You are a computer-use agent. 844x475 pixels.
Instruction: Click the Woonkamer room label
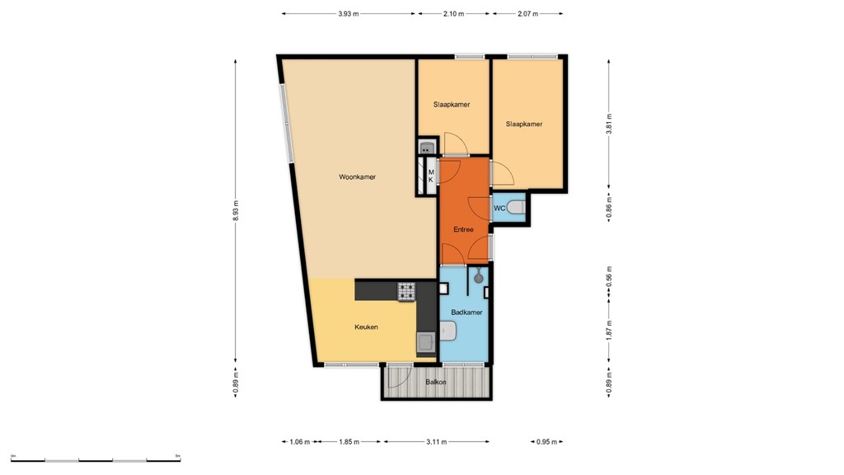tap(357, 176)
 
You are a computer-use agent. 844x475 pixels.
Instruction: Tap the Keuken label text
tap(366, 327)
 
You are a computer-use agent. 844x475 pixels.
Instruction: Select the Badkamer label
tap(467, 313)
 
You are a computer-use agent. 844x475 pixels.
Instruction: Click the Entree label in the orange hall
tap(463, 229)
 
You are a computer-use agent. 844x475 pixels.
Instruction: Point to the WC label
tap(499, 209)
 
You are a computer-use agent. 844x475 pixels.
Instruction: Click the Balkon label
tap(436, 383)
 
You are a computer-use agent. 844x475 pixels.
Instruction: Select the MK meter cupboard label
tap(430, 176)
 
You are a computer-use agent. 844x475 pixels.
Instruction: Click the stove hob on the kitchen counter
tap(407, 290)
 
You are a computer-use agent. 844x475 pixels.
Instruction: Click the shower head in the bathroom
tap(476, 278)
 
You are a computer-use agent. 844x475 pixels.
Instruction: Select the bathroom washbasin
tap(449, 332)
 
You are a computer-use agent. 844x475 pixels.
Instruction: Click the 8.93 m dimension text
tap(236, 210)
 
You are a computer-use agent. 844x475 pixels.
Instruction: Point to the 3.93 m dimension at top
tap(349, 14)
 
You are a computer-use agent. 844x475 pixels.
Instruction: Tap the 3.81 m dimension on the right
tap(609, 124)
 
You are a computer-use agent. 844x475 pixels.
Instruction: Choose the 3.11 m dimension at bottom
tap(436, 442)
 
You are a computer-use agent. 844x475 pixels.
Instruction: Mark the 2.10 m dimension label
tap(453, 14)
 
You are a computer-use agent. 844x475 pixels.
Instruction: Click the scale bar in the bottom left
tap(96, 459)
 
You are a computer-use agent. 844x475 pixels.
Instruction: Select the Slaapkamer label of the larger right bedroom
tap(524, 124)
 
